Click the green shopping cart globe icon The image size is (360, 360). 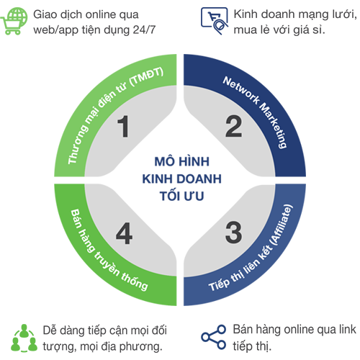pos(14,21)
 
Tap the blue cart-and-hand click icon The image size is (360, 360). pos(215,21)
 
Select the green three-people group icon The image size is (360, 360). pos(24,338)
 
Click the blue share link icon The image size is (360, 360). pos(214,337)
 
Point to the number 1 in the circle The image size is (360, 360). pos(124,126)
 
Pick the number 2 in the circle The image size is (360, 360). pos(233,126)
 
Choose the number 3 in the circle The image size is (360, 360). pos(233,233)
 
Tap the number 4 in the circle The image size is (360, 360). pos(124,233)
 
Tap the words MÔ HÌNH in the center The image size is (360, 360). pos(181,161)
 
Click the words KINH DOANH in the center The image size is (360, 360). pos(181,179)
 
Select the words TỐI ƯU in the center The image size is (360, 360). pos(181,196)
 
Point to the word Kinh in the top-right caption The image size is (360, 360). pos(246,14)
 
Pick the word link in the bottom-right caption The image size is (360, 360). pos(348,329)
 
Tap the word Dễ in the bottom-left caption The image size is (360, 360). pos(50,330)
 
